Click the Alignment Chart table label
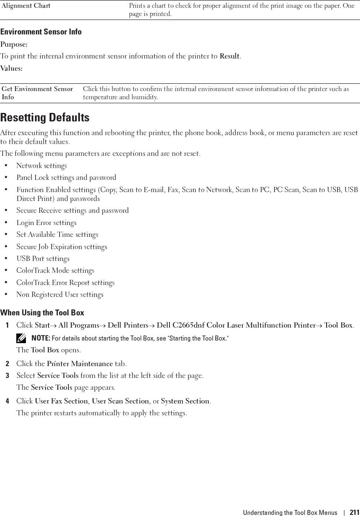click(26, 6)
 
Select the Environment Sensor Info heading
click(41, 32)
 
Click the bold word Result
click(229, 56)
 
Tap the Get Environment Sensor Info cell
click(37, 93)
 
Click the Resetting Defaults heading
click(45, 118)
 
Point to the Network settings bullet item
click(41, 166)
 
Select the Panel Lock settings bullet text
click(66, 178)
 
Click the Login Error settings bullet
click(46, 223)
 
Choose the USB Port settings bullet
click(43, 259)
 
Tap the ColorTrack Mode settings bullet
click(55, 271)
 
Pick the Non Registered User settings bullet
click(60, 295)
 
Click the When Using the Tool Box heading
click(42, 313)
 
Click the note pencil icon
click(23, 338)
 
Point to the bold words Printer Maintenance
click(80, 364)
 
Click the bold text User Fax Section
click(61, 401)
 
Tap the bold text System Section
click(185, 401)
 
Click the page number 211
click(354, 513)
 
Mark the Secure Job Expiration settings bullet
click(62, 247)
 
